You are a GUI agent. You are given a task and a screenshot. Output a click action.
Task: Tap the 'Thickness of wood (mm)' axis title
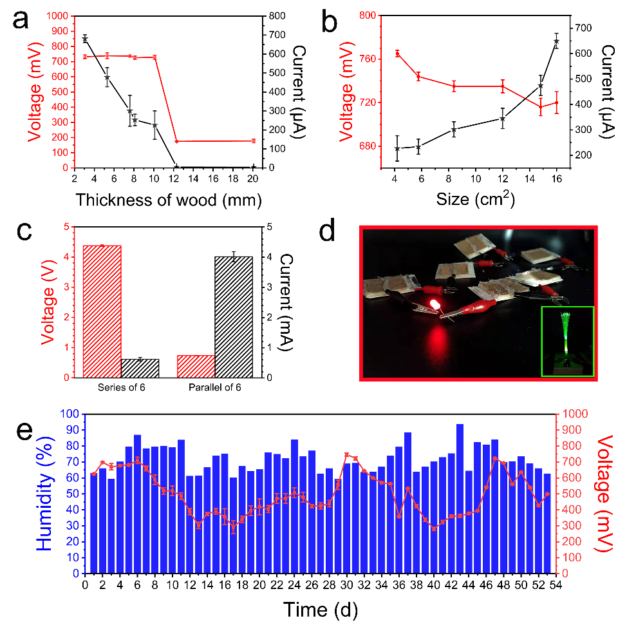coord(168,200)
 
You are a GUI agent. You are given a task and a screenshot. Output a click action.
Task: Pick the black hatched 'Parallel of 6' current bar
coord(234,316)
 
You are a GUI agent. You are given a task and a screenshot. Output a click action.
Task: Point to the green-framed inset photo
coord(566,341)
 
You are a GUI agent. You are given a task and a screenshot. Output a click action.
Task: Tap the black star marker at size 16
coord(557,41)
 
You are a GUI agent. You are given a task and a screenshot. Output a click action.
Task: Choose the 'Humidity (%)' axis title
coord(44,494)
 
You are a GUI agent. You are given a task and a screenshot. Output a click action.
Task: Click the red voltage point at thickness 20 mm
coord(254,140)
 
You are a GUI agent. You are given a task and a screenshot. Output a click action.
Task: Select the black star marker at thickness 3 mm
coord(85,39)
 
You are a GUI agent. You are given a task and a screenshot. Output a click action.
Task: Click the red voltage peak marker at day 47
coord(494,458)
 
